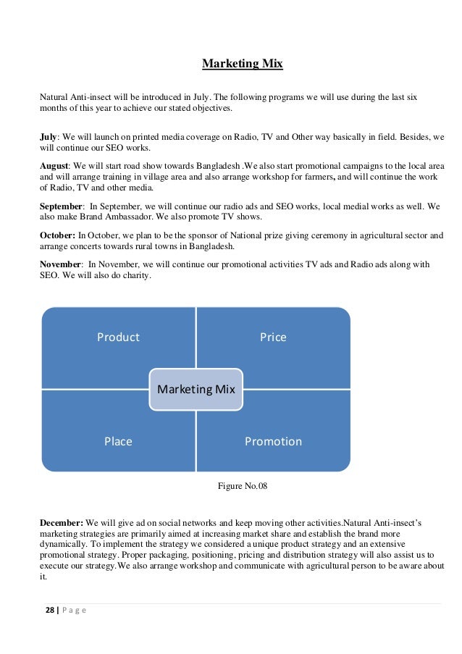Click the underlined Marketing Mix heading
[x=242, y=64]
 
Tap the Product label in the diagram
[x=119, y=337]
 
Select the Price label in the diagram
[x=273, y=337]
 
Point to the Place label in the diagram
[x=118, y=441]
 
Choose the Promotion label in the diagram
[x=273, y=441]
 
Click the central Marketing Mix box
[x=196, y=390]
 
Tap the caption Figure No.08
[x=243, y=485]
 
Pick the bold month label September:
[x=62, y=206]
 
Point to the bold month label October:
[x=57, y=235]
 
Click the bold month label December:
[x=62, y=522]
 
